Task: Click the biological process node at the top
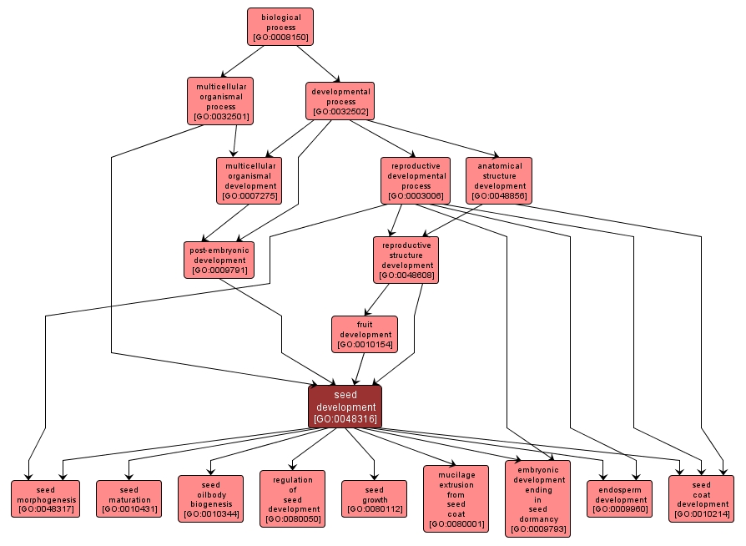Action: click(280, 27)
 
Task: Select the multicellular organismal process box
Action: click(220, 101)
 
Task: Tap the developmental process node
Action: click(340, 101)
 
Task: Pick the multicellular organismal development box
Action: click(247, 180)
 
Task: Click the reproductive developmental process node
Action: click(416, 180)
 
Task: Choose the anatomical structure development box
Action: click(499, 180)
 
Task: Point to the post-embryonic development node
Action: click(219, 260)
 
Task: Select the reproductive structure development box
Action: click(406, 260)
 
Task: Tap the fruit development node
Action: click(364, 334)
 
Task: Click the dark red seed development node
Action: click(345, 407)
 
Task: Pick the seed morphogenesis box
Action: click(45, 498)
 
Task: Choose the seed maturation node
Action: click(129, 498)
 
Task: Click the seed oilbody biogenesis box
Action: click(210, 498)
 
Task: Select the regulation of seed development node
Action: click(292, 498)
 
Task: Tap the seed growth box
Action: click(374, 498)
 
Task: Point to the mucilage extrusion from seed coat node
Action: click(456, 498)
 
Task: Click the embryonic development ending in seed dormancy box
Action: click(538, 498)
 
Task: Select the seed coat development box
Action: click(701, 498)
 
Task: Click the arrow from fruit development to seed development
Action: click(360, 368)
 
